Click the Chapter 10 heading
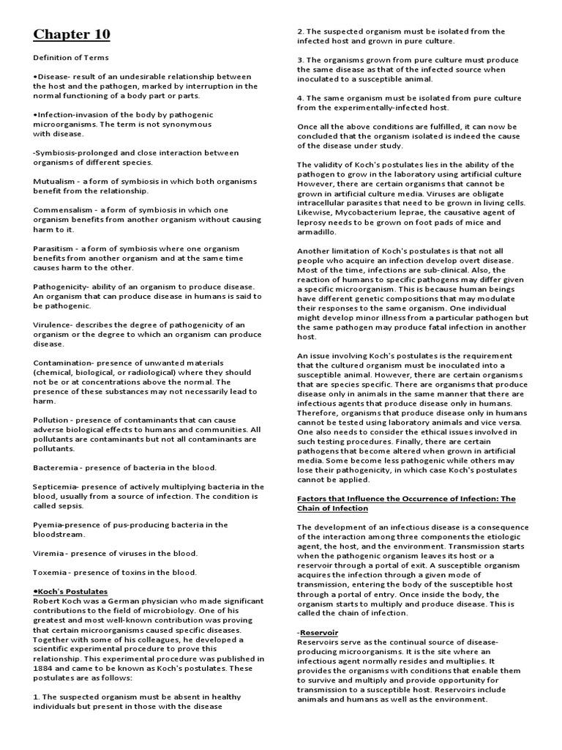(x=72, y=34)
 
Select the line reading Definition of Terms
(x=71, y=58)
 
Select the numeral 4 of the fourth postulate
(x=299, y=98)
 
